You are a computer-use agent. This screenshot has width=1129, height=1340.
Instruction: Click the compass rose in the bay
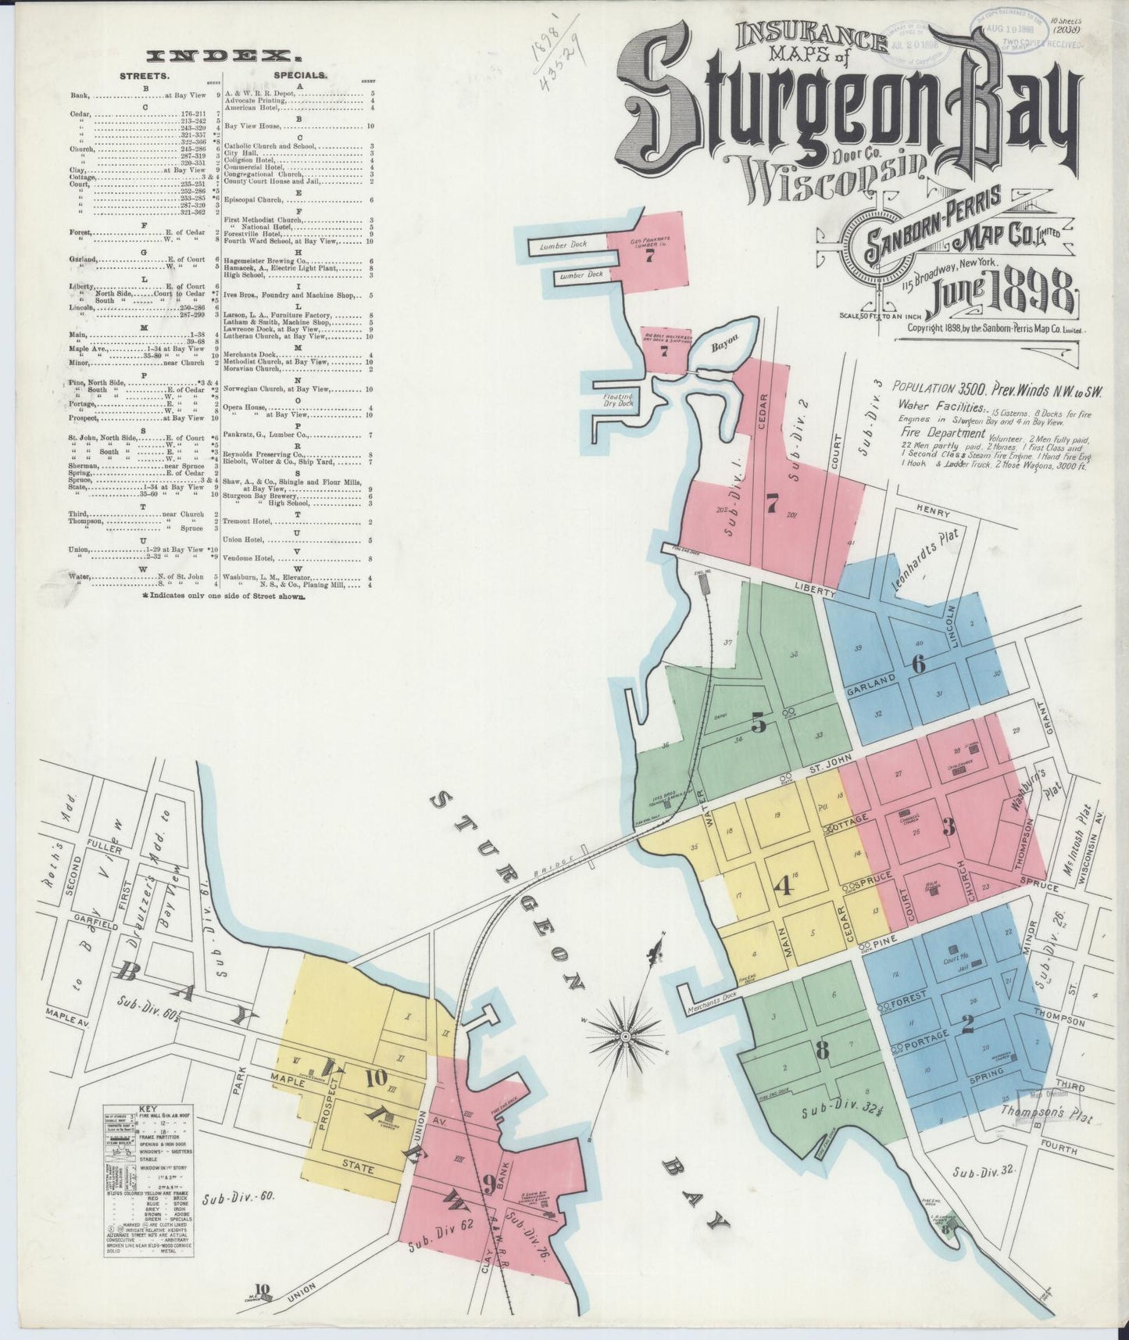click(625, 1036)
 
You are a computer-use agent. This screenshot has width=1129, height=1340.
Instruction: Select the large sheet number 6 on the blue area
click(918, 665)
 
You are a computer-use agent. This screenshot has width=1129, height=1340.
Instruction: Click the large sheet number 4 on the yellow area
click(784, 886)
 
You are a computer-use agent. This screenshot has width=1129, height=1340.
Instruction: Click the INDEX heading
click(223, 56)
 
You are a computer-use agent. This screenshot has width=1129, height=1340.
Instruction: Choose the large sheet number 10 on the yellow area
click(375, 1077)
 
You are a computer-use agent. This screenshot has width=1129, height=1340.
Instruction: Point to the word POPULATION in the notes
click(927, 387)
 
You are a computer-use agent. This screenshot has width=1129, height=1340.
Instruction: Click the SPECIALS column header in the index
click(300, 75)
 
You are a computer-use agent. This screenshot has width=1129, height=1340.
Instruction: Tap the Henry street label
click(934, 513)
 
